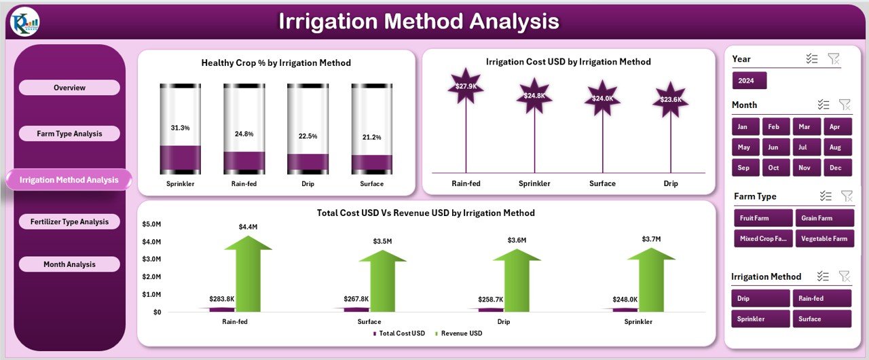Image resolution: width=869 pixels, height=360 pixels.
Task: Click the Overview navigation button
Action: pyautogui.click(x=69, y=88)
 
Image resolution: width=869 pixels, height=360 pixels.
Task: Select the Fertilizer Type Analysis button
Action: pyautogui.click(x=69, y=221)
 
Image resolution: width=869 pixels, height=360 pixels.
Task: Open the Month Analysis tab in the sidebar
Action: pyautogui.click(x=69, y=264)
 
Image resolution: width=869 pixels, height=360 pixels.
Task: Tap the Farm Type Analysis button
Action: pyautogui.click(x=69, y=134)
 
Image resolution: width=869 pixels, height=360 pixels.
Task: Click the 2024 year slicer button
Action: pyautogui.click(x=749, y=81)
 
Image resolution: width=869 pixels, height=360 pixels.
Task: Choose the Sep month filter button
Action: pyautogui.click(x=744, y=168)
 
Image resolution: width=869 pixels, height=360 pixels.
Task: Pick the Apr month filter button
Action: pyautogui.click(x=835, y=127)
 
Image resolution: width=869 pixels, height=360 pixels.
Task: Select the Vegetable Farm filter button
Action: pyautogui.click(x=823, y=238)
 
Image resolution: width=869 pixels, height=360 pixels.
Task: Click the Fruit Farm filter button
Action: pyautogui.click(x=763, y=218)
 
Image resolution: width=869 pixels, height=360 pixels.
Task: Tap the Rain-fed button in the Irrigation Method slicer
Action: pyautogui.click(x=823, y=298)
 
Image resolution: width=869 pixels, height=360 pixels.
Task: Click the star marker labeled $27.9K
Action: pyautogui.click(x=466, y=86)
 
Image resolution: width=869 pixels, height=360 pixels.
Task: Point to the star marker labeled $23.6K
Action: pyautogui.click(x=671, y=99)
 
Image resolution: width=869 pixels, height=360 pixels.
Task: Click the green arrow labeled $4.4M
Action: pyautogui.click(x=248, y=272)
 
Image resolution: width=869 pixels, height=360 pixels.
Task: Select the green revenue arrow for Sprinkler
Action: pyautogui.click(x=650, y=278)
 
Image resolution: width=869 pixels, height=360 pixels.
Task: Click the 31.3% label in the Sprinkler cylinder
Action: pyautogui.click(x=181, y=128)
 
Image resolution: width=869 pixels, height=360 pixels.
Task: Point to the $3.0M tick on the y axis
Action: pyautogui.click(x=151, y=259)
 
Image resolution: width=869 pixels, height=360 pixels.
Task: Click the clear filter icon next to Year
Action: pyautogui.click(x=834, y=59)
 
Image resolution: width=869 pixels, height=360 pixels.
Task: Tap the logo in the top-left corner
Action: pyautogui.click(x=25, y=22)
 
